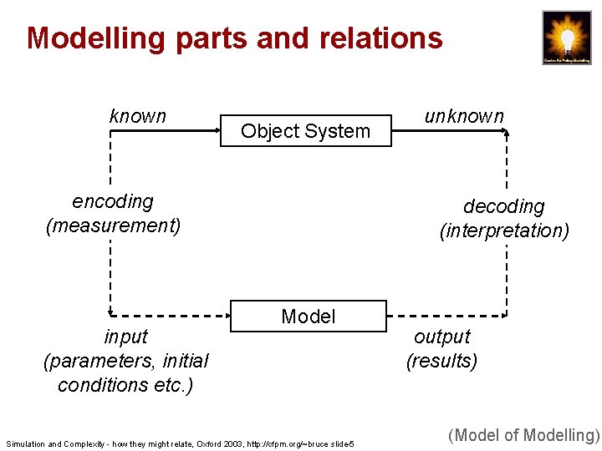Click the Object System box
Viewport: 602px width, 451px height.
[x=305, y=131]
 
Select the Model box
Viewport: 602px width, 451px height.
[x=309, y=317]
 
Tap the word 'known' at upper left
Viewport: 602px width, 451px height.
[x=138, y=116]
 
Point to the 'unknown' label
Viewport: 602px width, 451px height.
[x=464, y=116]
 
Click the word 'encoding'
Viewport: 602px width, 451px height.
[x=113, y=201]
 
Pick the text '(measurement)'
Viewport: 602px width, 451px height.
[x=113, y=225]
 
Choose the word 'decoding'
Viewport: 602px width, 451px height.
[x=503, y=206]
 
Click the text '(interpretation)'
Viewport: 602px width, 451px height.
[x=504, y=230]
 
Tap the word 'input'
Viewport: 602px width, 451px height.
[x=125, y=337]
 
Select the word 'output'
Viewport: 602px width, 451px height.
[x=441, y=337]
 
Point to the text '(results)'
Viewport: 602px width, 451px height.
[x=441, y=361]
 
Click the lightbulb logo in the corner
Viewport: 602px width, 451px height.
[x=567, y=38]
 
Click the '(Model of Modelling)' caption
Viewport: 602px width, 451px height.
[x=524, y=434]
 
